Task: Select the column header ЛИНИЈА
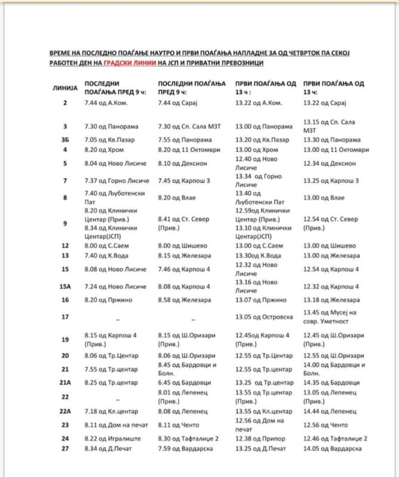65,88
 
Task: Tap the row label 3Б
65,140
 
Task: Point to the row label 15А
65,287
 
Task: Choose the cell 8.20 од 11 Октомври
188,150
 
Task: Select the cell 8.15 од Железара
184,256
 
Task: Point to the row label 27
65,448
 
